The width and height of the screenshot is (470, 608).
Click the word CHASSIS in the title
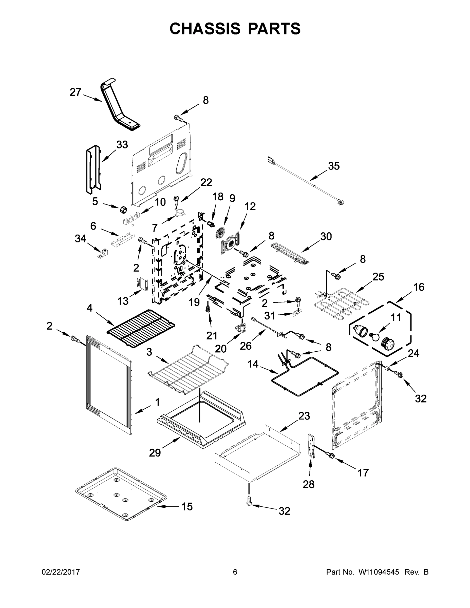click(205, 28)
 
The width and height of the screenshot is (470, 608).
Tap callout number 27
click(75, 92)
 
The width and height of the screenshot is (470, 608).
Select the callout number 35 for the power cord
click(334, 166)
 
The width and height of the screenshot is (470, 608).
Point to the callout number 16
click(419, 287)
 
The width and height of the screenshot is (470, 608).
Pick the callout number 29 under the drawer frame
click(155, 453)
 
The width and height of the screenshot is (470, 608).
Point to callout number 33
click(122, 144)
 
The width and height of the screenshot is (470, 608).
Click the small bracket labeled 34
click(103, 254)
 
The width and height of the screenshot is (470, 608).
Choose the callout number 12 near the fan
click(250, 206)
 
